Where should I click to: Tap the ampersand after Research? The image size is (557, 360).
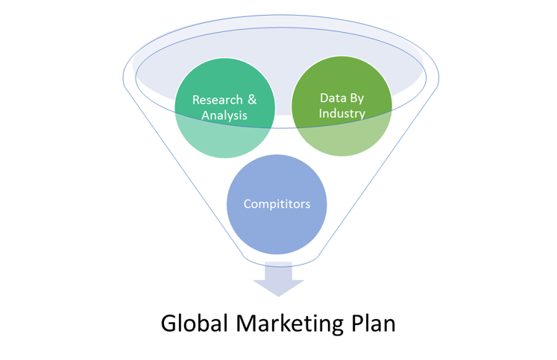253,100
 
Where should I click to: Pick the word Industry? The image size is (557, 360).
342,113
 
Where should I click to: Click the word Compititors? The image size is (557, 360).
277,204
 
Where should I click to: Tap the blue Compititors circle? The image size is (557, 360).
277,224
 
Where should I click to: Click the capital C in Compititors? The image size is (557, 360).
248,204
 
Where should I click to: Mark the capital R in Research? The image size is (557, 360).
196,100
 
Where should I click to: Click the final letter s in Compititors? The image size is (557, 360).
307,204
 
